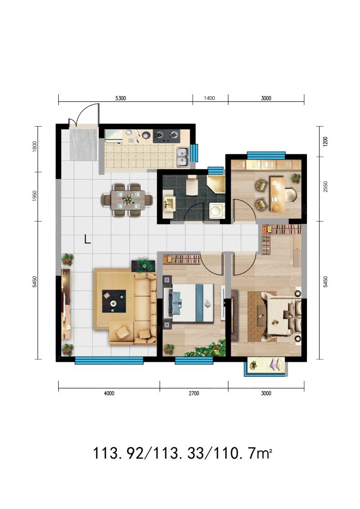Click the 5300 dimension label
point(121,98)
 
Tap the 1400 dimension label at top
point(210,98)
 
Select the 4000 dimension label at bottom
point(109,393)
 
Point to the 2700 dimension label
point(194,393)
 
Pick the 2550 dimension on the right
point(326,187)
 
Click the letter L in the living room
point(87,239)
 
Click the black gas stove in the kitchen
point(166,136)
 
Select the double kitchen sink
point(183,157)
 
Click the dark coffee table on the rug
point(114,301)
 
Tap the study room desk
point(276,194)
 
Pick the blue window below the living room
point(109,360)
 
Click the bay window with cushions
point(266,366)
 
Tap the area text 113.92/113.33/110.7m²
point(182,453)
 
